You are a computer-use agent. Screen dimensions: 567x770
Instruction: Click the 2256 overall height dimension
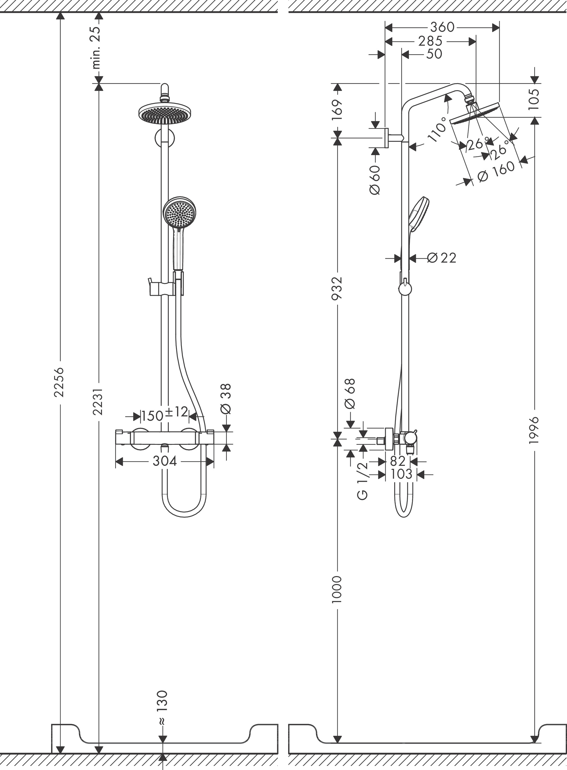59,382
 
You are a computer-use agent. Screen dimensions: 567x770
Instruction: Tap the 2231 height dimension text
98,402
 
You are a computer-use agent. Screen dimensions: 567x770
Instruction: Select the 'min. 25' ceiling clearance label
98,47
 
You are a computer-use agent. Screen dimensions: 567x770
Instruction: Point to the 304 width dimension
165,461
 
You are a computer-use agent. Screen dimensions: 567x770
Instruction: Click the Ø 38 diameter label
226,399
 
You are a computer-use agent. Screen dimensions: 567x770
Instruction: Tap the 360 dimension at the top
442,27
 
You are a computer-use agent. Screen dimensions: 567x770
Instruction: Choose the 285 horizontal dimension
430,41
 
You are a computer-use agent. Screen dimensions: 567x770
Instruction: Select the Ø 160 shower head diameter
496,172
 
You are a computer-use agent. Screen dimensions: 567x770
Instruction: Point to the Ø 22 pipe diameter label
442,258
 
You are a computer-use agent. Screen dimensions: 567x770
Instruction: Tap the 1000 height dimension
338,590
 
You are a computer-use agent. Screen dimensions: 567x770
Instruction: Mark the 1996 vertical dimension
534,430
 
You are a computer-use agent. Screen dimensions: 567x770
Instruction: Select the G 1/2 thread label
363,481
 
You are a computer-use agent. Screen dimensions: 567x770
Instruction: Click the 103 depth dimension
402,474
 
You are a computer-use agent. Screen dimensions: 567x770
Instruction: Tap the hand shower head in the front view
179,213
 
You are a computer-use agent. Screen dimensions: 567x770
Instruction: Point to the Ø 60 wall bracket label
375,180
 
